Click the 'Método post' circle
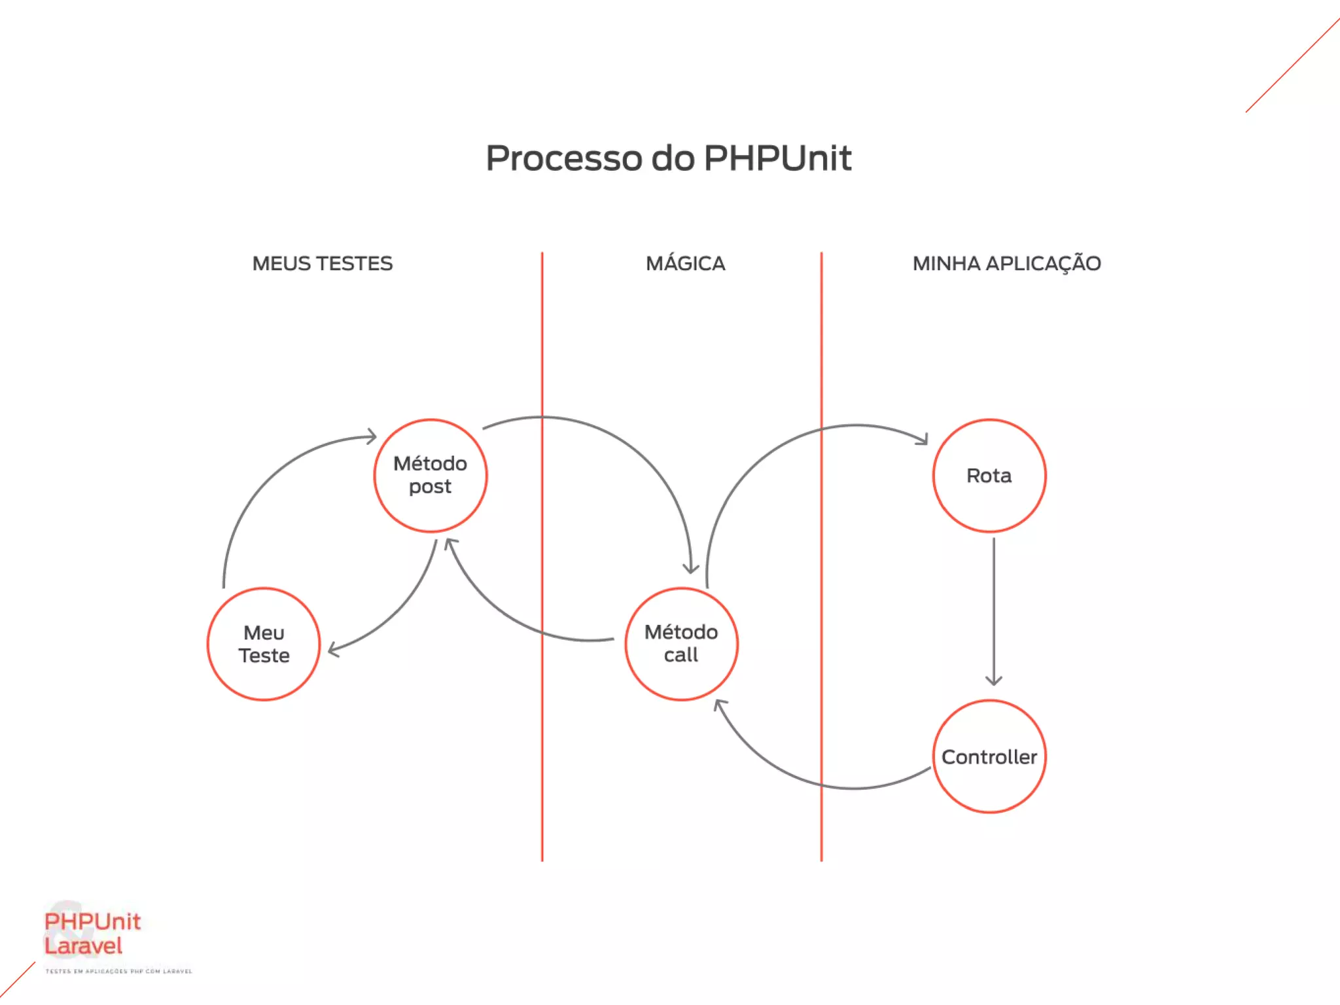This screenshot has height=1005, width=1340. pos(431,476)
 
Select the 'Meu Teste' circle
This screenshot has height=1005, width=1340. pos(264,644)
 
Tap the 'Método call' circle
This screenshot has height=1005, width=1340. pos(681,644)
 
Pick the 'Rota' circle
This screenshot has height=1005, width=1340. pos(989,476)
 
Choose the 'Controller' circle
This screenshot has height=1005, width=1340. pos(989,757)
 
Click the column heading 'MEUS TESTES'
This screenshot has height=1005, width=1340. pos(323,264)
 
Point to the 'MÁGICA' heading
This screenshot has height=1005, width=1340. pos(685,264)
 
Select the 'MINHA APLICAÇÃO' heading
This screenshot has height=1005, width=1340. pos(1006,264)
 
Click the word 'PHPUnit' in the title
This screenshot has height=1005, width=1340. pos(777,158)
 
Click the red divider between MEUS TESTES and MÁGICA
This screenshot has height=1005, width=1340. pos(542,752)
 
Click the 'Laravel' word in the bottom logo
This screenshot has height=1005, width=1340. pos(83,946)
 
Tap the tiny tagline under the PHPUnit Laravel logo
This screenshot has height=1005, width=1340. pos(118,972)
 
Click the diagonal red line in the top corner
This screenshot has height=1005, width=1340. pos(1292,65)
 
